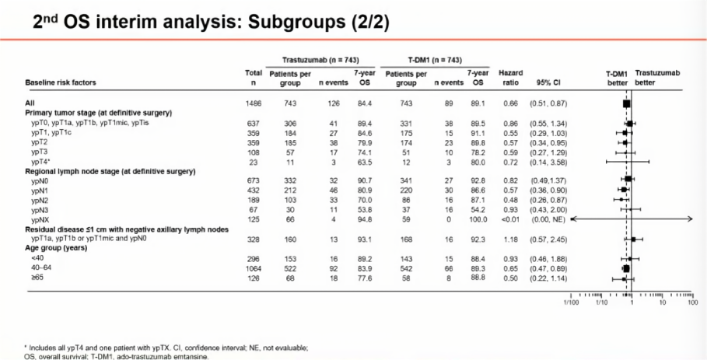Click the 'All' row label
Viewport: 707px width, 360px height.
coord(30,103)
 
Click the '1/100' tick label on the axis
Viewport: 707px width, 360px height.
coord(572,302)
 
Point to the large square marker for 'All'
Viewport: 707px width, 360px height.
coord(627,103)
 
